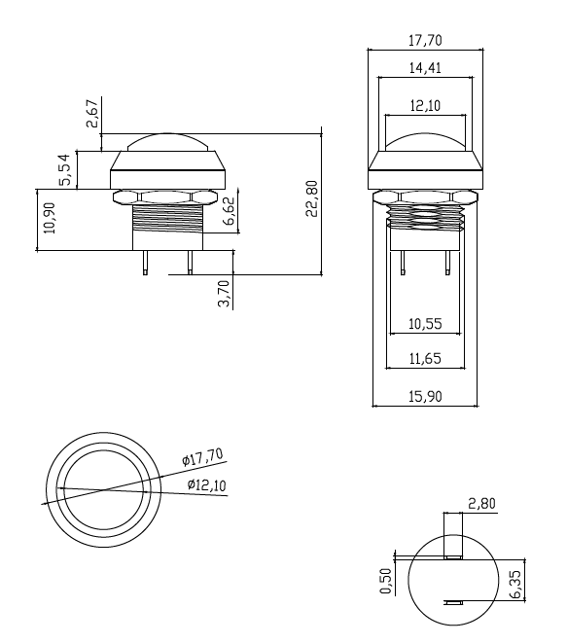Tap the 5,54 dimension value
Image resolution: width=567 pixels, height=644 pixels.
coord(65,169)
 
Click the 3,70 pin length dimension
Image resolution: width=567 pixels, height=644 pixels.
coord(224,292)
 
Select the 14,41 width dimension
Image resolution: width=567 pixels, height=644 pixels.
coord(425,69)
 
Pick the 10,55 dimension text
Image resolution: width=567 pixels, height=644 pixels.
coord(425,323)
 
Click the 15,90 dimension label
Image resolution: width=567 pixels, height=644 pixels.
coord(426,395)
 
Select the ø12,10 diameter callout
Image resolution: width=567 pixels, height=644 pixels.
coord(205,484)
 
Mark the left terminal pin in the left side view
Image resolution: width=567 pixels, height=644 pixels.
coord(144,263)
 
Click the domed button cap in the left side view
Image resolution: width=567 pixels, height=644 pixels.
coord(166,142)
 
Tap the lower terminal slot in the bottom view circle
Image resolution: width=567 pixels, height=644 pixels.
coord(452,602)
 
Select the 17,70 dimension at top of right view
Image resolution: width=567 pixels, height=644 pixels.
coord(425,41)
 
